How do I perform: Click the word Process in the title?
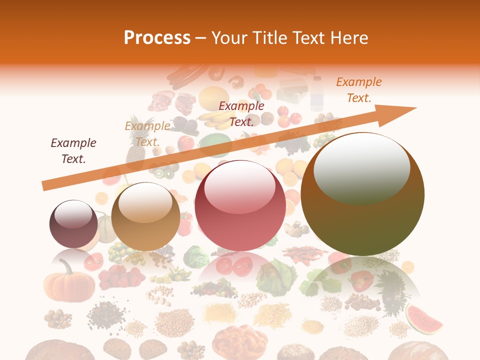pyautogui.click(x=157, y=37)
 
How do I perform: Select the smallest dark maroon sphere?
pyautogui.click(x=73, y=224)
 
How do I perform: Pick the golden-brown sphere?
pyautogui.click(x=145, y=216)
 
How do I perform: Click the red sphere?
pyautogui.click(x=240, y=205)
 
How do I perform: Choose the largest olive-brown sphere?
pyautogui.click(x=362, y=194)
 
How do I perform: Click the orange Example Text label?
pyautogui.click(x=358, y=90)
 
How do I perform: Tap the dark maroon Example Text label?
pyautogui.click(x=73, y=151)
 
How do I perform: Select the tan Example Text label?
pyautogui.click(x=147, y=134)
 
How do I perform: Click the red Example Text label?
pyautogui.click(x=241, y=114)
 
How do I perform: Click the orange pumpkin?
pyautogui.click(x=69, y=285)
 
